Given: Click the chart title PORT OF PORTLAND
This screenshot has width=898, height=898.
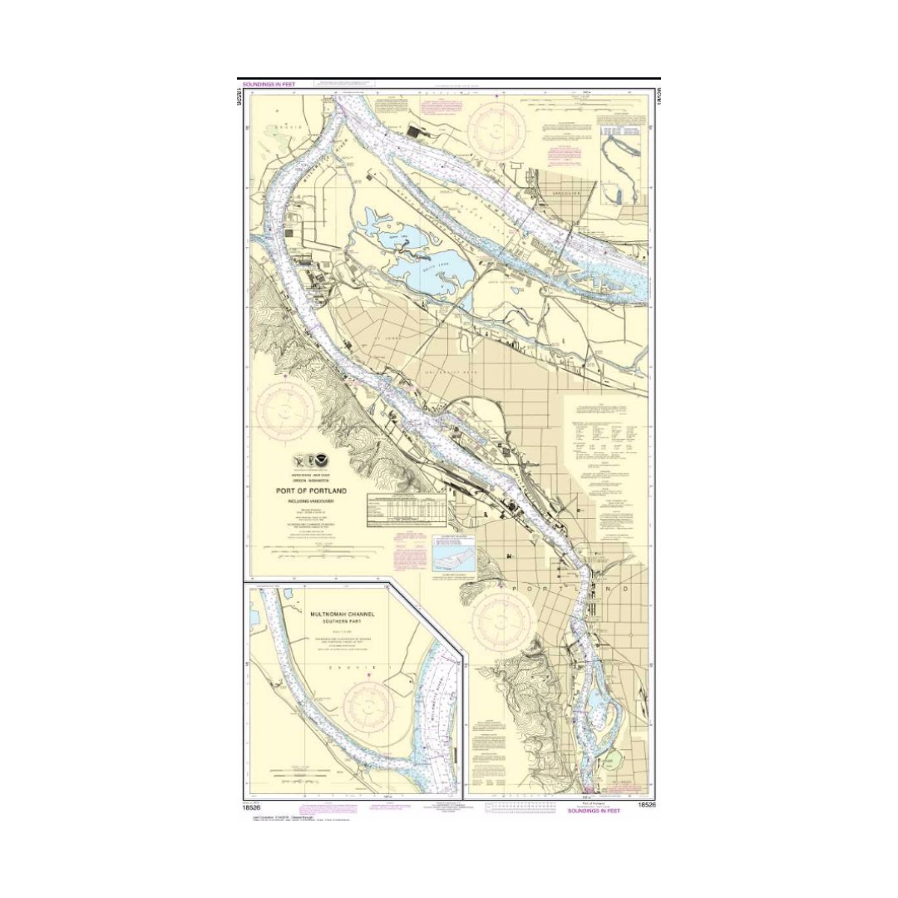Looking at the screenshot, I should (311, 491).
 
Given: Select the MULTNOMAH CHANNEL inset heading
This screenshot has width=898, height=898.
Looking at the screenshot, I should (343, 614).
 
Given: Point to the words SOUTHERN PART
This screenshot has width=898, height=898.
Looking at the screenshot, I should (343, 622).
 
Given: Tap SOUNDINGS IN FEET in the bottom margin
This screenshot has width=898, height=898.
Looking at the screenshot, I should (594, 810).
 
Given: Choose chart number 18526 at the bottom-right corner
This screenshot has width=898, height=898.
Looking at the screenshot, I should (647, 805).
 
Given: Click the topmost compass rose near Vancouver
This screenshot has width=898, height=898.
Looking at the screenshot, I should (496, 126).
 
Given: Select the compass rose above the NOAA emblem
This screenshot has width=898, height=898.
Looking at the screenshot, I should (285, 409).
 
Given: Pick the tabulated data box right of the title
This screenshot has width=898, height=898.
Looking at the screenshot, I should (407, 510).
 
